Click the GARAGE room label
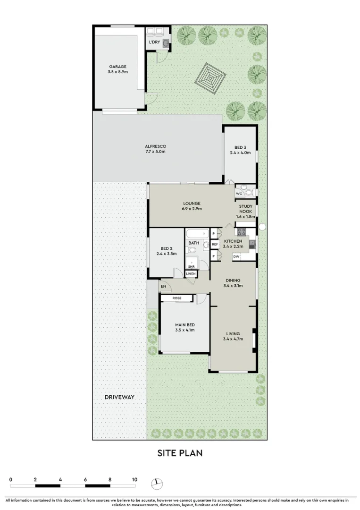click(118, 67)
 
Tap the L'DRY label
click(154, 42)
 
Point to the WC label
click(239, 194)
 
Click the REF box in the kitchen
click(215, 244)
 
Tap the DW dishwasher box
click(236, 257)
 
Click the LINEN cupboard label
click(191, 274)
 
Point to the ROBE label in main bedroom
click(177, 298)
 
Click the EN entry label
click(164, 286)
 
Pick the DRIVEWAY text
click(119, 397)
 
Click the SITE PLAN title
click(180, 453)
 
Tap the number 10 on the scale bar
click(134, 480)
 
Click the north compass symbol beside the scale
click(157, 484)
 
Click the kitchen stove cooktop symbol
click(241, 231)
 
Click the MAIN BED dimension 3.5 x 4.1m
click(184, 330)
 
